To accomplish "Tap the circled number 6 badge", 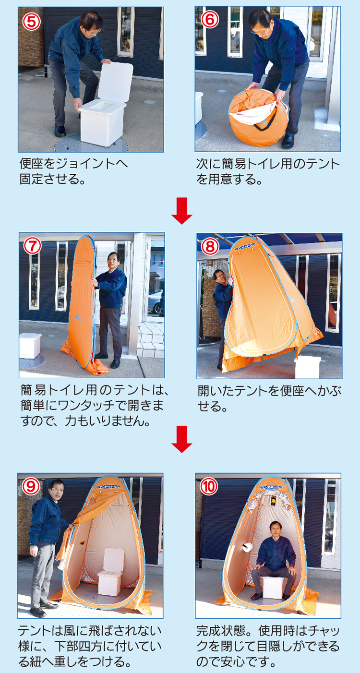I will tap(209, 19).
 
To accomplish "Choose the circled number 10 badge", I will tap(209, 486).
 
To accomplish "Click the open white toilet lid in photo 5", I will tap(115, 82).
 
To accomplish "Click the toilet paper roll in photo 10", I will tap(248, 548).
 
